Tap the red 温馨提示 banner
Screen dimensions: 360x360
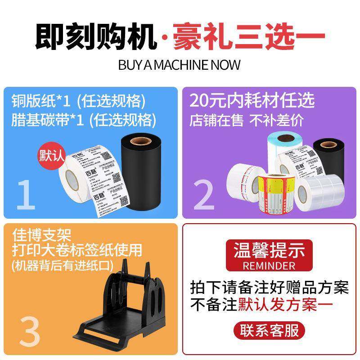270,249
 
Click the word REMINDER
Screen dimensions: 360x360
269,265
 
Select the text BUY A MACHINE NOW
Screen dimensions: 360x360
180,64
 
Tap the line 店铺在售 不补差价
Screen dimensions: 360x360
246,120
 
